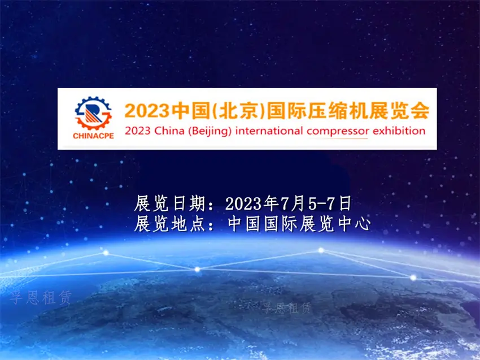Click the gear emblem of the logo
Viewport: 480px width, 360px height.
(x=93, y=114)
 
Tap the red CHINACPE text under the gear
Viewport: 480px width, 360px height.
(x=93, y=136)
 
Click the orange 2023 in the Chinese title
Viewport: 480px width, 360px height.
(x=147, y=111)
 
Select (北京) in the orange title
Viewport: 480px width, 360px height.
(x=238, y=111)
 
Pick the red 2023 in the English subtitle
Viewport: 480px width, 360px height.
(x=137, y=131)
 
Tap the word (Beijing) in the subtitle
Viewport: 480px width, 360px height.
(x=210, y=132)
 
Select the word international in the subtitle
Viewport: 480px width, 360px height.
(x=269, y=131)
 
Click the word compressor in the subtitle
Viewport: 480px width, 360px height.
(x=338, y=132)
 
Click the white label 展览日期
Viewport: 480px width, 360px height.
(x=169, y=203)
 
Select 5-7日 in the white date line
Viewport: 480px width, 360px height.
(x=329, y=203)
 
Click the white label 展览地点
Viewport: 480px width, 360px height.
(x=169, y=224)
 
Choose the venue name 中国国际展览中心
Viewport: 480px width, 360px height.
(x=299, y=224)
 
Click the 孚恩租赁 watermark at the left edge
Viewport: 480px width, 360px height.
(x=41, y=298)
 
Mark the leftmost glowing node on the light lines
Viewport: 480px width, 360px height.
(x=106, y=253)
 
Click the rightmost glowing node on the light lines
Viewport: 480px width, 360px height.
(x=413, y=278)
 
